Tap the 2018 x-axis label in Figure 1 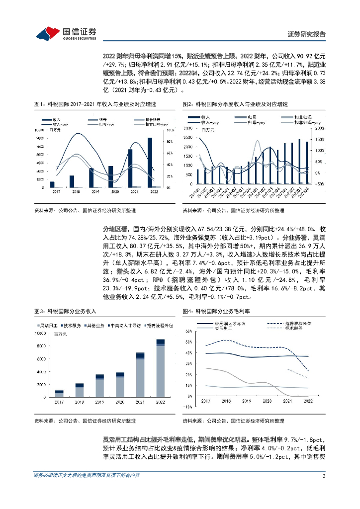tap(76, 192)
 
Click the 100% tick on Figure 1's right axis tap(169, 130)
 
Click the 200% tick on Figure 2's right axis tap(319, 128)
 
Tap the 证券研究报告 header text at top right tap(307, 34)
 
